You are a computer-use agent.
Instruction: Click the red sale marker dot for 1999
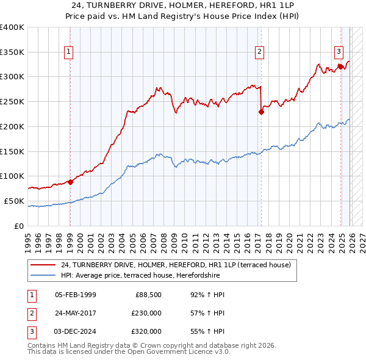point(70,181)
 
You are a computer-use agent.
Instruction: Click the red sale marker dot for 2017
point(261,112)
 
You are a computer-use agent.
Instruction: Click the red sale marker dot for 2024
point(340,67)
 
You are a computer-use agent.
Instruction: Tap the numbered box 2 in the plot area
point(260,52)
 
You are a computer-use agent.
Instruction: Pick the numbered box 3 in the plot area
point(339,52)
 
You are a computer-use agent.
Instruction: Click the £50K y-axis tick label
point(14,201)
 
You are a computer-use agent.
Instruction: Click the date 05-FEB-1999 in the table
point(76,295)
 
